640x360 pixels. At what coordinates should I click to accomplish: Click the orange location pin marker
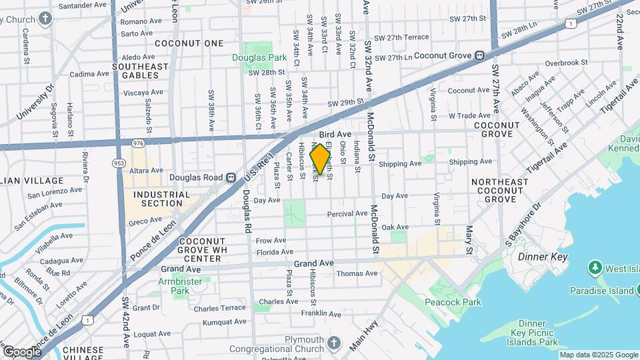(x=320, y=159)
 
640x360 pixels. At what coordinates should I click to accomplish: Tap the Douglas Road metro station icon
(x=231, y=177)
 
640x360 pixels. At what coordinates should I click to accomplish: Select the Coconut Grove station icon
(x=479, y=56)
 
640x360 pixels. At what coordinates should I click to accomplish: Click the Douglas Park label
(x=259, y=58)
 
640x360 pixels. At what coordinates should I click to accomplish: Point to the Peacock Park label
(x=453, y=302)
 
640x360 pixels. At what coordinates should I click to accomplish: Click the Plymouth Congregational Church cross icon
(x=334, y=343)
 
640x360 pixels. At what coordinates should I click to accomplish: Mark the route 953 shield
(x=119, y=163)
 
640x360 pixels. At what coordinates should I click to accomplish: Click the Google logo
(x=22, y=351)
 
